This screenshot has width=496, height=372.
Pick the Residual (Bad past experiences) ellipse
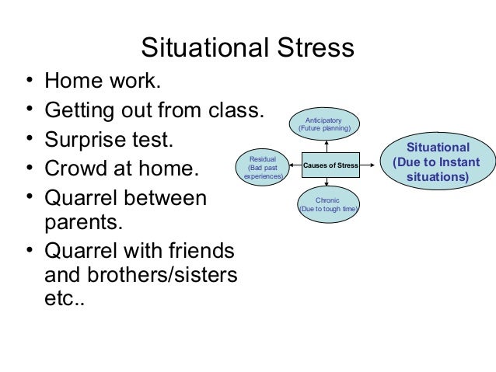tap(263, 165)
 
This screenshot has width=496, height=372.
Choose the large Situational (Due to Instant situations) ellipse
tap(438, 162)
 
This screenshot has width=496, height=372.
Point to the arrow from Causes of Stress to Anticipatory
tap(328, 145)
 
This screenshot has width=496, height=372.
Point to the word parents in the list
tap(80, 225)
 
